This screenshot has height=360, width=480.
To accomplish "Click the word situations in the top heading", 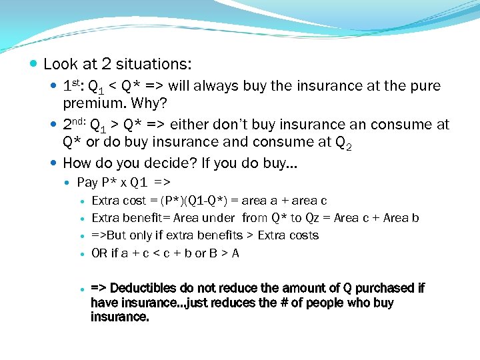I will [153, 65].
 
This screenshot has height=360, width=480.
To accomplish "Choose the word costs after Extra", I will [303, 235].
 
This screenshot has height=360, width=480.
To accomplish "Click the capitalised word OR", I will [99, 253].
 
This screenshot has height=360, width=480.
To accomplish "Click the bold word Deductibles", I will [143, 288].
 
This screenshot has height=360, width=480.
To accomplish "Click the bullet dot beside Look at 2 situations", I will [34, 65].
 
